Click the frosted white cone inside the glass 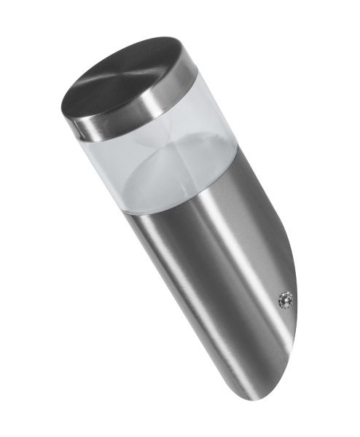click(171, 175)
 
